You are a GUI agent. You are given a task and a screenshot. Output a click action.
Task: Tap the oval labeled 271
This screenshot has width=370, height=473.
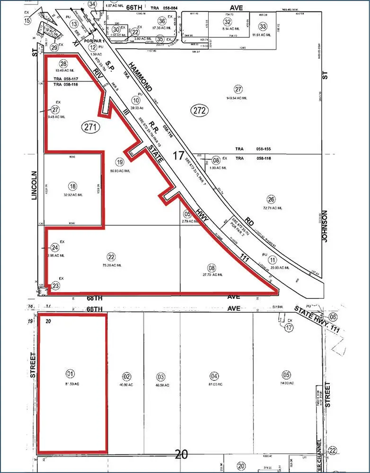(90, 126)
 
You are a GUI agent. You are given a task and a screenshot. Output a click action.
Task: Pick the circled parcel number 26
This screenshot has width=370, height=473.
(271, 199)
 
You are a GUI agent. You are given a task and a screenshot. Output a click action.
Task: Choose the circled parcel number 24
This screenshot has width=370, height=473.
(55, 247)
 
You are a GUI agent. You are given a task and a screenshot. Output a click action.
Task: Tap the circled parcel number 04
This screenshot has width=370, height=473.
(215, 377)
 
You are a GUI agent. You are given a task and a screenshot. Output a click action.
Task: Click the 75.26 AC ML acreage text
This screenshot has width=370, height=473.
(111, 265)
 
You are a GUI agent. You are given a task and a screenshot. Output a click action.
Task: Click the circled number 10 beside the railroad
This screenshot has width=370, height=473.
(136, 100)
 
